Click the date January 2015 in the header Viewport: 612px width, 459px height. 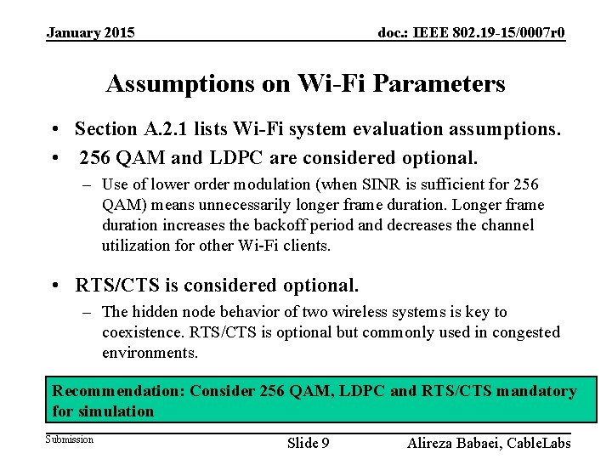click(x=90, y=33)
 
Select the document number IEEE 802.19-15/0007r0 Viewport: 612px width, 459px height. click(x=472, y=33)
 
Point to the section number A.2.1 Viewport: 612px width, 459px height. click(x=164, y=129)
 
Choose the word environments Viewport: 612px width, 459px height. click(x=149, y=352)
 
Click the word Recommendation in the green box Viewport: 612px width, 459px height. click(x=117, y=391)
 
